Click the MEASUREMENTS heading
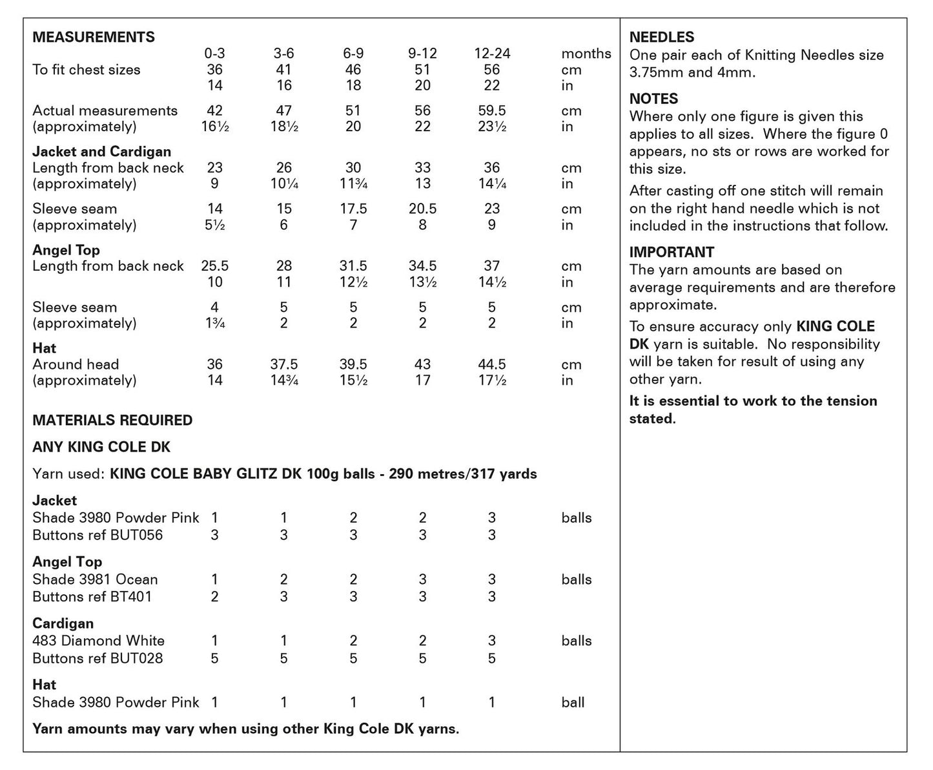pos(94,37)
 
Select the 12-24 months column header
pos(492,54)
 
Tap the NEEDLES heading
pos(662,37)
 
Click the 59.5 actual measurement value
pos(492,110)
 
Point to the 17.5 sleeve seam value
pos(353,209)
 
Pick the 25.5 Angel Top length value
pos(215,266)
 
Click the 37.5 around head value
pos(284,364)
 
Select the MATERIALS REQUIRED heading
pos(112,420)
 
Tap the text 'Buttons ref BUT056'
pos(97,535)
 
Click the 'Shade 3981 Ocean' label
pos(95,579)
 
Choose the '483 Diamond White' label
pos(98,641)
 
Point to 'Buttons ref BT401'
pos(92,596)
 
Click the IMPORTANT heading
pos(672,252)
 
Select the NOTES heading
pos(653,99)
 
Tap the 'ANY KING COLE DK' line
pos(101,447)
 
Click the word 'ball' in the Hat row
pos(573,702)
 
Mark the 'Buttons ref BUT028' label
pos(97,658)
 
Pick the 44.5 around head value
pos(492,364)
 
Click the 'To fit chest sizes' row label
pos(87,70)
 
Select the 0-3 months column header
pos(215,54)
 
